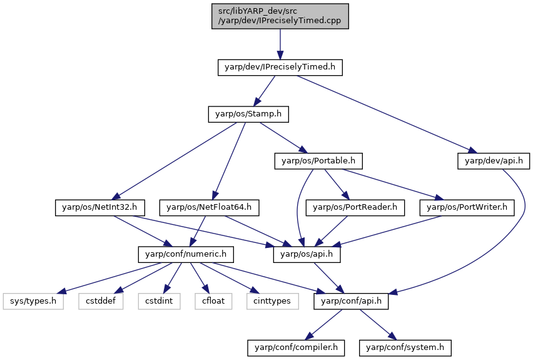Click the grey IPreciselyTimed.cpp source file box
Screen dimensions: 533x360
point(280,16)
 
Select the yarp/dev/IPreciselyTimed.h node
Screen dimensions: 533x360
point(280,68)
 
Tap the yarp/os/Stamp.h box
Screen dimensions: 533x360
point(248,115)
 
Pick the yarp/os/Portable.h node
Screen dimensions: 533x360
point(318,161)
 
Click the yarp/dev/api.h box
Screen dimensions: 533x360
point(494,161)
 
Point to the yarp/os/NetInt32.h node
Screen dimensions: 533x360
point(100,208)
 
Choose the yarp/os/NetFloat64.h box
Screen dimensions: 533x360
point(210,208)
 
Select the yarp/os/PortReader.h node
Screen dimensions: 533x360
point(355,208)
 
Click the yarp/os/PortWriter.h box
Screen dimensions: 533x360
point(467,208)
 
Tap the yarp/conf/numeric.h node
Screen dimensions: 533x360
point(186,255)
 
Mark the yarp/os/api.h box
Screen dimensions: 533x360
point(307,255)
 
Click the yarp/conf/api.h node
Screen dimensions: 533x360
point(351,302)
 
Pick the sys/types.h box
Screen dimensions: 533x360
point(33,302)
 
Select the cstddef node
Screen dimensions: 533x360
point(101,302)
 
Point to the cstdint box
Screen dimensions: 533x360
point(159,302)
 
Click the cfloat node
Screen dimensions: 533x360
point(213,302)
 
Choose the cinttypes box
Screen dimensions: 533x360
point(273,302)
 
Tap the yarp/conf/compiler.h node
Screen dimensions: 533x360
point(296,348)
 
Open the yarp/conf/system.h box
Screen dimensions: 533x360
point(405,348)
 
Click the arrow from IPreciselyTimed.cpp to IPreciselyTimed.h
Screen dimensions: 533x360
point(280,44)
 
